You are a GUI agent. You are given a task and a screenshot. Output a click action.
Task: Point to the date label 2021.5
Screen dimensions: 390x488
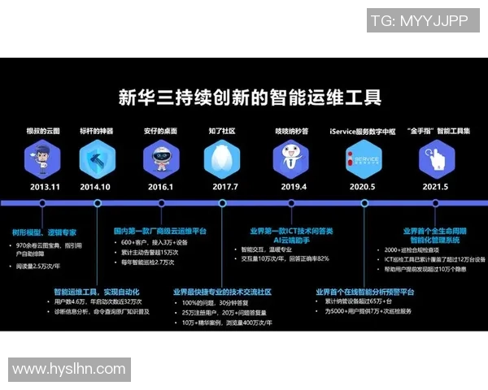click(434, 187)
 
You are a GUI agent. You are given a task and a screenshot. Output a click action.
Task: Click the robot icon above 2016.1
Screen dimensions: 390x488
click(159, 157)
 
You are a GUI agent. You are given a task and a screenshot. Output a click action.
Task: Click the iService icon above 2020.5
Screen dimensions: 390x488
click(362, 158)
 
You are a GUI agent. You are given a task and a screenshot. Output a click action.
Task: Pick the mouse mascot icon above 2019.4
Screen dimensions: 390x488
click(291, 157)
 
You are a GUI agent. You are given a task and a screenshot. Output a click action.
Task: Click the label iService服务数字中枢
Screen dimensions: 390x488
click(362, 130)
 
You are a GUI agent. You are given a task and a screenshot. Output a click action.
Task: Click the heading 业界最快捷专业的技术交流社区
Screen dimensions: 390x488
click(222, 291)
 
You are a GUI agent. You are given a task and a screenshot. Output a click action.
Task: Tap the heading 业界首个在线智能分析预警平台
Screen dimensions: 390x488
click(365, 291)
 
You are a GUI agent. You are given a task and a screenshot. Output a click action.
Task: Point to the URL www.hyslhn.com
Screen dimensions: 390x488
click(68, 370)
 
